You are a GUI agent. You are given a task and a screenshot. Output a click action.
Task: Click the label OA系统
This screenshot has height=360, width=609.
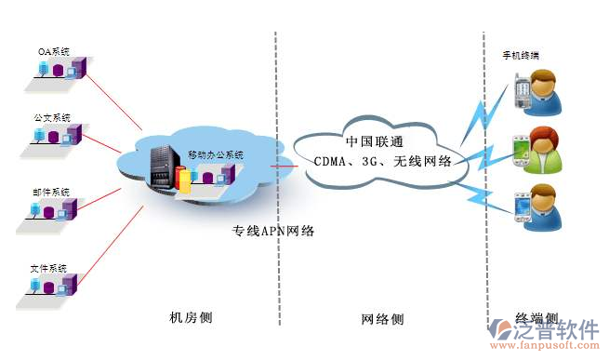tap(54, 51)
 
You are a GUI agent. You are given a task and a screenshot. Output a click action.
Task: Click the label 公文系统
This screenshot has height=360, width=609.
tap(51, 119)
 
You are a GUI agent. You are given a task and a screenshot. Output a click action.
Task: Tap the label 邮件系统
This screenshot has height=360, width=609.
tap(51, 192)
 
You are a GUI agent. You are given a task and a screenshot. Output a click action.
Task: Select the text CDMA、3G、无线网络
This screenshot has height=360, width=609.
tap(381, 161)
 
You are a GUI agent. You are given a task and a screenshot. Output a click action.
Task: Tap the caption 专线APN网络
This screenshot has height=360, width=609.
tap(273, 231)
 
